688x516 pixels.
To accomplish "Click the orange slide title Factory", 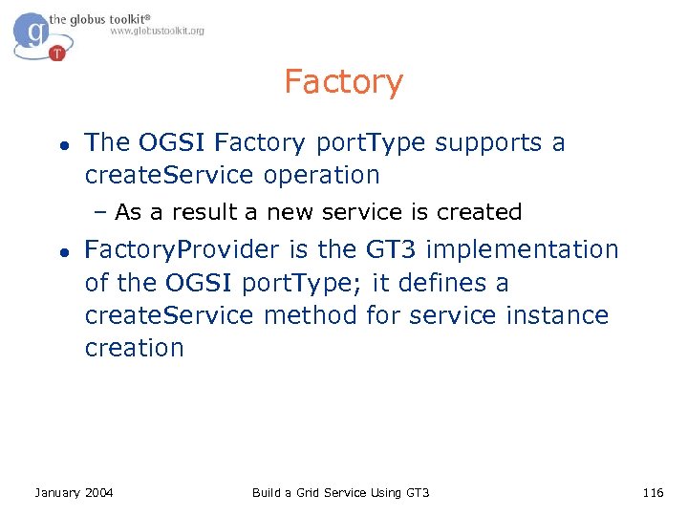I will click(x=343, y=82).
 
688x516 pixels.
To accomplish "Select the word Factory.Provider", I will click(x=183, y=250).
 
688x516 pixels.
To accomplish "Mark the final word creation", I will click(x=134, y=348).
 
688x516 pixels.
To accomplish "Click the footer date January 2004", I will click(x=74, y=492).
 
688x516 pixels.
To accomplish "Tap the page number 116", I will click(x=653, y=492).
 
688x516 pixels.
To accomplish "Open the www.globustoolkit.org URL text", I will click(x=157, y=32).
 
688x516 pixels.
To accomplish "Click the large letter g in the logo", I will click(x=35, y=32).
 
